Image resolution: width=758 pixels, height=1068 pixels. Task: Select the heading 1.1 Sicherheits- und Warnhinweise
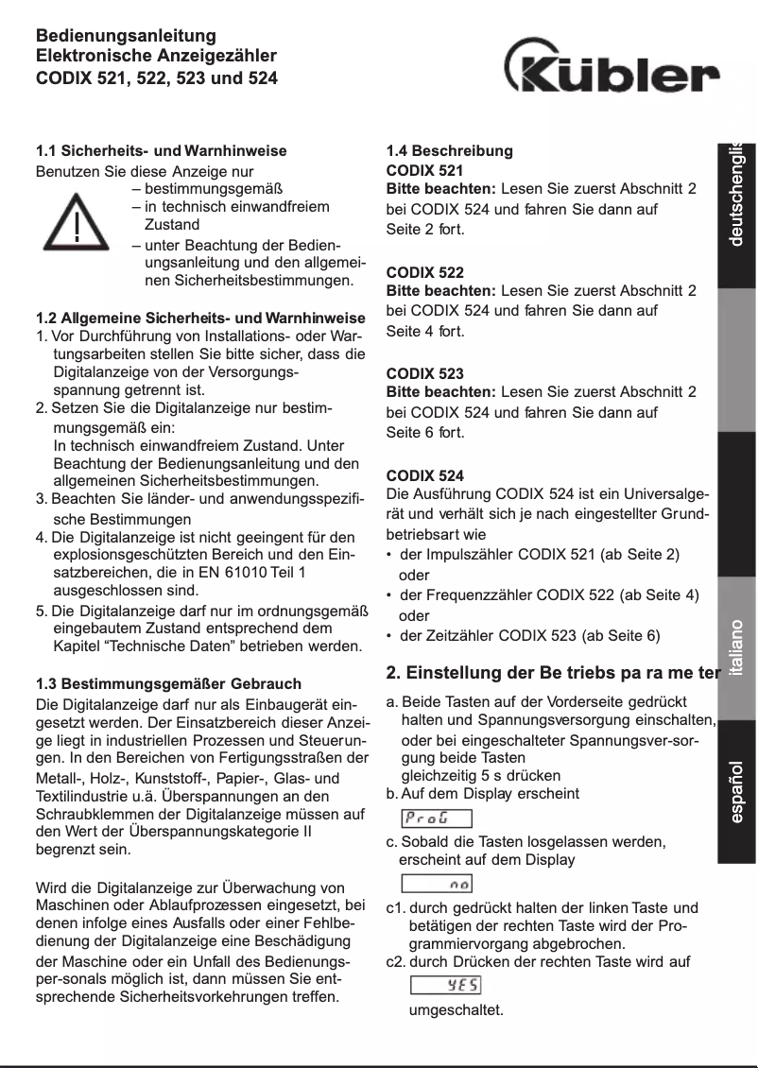[x=161, y=150]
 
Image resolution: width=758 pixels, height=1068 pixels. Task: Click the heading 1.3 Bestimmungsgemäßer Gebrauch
[x=168, y=683]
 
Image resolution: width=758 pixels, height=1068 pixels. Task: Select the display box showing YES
[x=445, y=986]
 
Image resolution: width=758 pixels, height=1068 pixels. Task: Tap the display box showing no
[x=437, y=884]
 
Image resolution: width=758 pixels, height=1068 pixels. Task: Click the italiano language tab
[x=736, y=648]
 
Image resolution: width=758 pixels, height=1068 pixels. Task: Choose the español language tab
[x=736, y=790]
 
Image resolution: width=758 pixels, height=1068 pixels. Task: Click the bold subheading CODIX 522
[x=425, y=272]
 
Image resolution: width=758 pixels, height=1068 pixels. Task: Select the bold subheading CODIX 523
[x=425, y=373]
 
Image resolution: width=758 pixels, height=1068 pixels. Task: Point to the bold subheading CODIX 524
[x=425, y=474]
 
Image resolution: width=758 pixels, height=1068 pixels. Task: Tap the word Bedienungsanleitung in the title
[x=126, y=37]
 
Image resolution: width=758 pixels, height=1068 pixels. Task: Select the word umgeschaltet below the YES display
[x=456, y=1010]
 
